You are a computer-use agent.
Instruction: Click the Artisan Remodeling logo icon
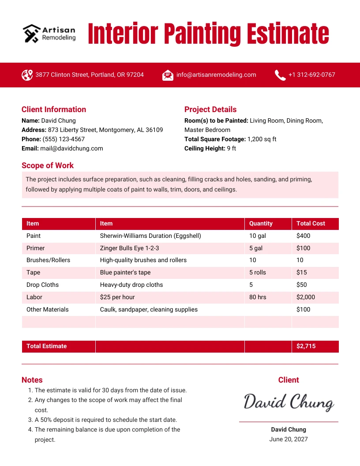[31, 33]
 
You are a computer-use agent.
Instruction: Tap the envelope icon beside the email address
[168, 75]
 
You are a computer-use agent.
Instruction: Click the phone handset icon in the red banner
[280, 75]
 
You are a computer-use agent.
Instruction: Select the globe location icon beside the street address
[27, 75]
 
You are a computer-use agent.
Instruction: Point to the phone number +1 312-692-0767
[311, 75]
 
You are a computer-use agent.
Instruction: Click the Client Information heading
[54, 109]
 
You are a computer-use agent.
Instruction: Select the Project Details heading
[210, 109]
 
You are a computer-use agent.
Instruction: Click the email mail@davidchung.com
[71, 148]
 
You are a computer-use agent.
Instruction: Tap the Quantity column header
[261, 223]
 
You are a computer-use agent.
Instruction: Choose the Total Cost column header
[311, 223]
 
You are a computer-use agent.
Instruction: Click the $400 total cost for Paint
[304, 236]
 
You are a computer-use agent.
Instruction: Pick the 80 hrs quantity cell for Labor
[258, 297]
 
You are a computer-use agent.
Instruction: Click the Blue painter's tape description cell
[125, 272]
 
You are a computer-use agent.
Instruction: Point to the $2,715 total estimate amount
[306, 346]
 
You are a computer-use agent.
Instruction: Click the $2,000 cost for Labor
[306, 297]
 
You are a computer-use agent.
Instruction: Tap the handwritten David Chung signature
[289, 402]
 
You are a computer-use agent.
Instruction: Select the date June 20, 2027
[289, 439]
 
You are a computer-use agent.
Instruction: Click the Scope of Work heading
[48, 165]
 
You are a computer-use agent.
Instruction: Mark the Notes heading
[32, 380]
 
